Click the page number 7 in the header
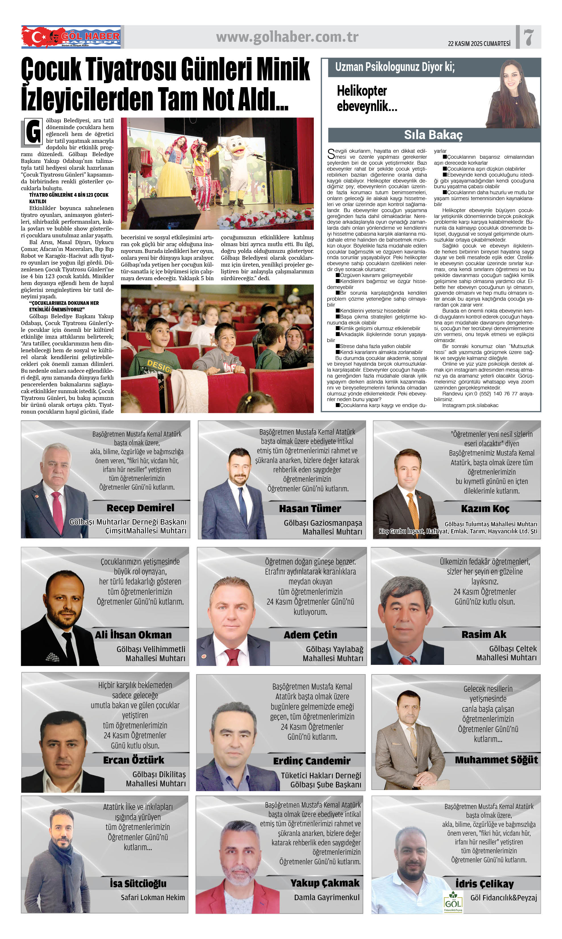529,37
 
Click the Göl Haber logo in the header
71,37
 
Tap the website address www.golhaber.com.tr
287,37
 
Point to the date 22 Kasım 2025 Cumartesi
479,43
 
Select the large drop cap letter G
33,132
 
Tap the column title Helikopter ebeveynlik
367,98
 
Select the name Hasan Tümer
310,509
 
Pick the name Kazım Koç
485,509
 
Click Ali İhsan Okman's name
133,635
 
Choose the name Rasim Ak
484,634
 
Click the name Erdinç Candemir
312,761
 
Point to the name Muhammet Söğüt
496,760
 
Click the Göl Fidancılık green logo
453,901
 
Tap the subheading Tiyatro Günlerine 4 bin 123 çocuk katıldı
68,198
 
